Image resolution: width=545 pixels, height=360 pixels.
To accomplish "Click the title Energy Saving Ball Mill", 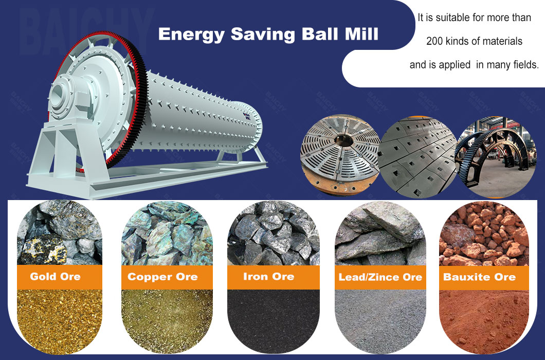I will coord(268,34).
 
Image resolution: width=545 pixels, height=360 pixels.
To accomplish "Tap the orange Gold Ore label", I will coord(55,277).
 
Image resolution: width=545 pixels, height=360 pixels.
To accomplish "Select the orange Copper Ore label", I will coord(162,277).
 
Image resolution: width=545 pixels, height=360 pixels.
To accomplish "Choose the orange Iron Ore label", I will coord(268,277).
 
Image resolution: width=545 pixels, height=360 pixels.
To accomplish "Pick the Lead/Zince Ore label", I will coord(380,277).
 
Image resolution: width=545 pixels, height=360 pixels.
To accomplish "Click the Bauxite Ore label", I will coord(479,277).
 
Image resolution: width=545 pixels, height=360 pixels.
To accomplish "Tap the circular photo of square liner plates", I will coord(417,157).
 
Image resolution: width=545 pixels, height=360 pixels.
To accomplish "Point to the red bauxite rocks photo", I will coord(484,234).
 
